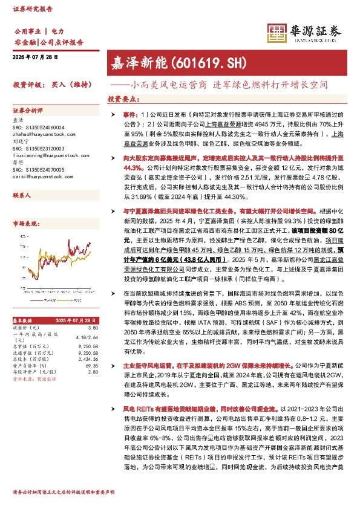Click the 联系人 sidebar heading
coord(22,197)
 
